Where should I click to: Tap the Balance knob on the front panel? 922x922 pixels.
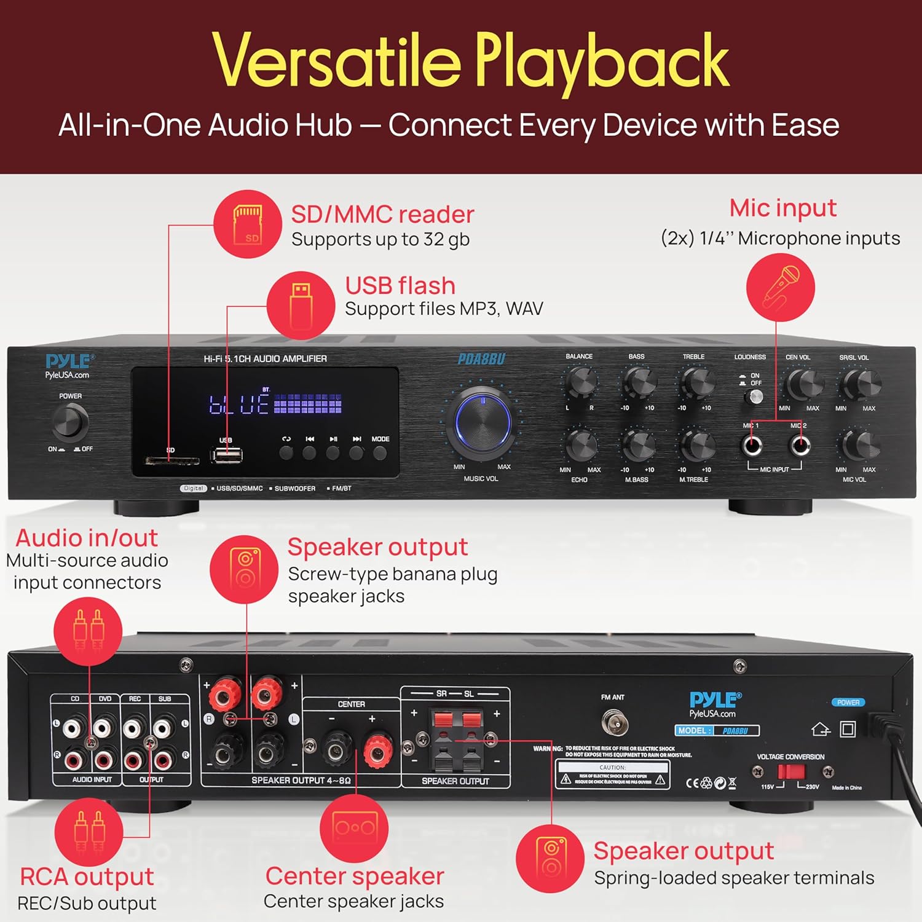tap(580, 382)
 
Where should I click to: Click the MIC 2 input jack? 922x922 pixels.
tap(800, 445)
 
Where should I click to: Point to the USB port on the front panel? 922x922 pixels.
tap(227, 455)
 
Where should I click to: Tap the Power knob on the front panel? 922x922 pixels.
tap(71, 422)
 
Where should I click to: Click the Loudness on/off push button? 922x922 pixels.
tap(755, 397)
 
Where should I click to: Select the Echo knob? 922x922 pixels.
tap(580, 445)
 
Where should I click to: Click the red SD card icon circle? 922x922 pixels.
tap(248, 224)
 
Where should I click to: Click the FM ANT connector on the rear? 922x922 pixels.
tap(614, 723)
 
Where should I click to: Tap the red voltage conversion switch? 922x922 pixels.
tap(790, 772)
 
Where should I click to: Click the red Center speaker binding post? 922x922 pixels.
tap(377, 749)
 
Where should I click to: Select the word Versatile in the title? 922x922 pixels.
tap(337, 61)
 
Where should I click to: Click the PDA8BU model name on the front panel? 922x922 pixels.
tap(481, 359)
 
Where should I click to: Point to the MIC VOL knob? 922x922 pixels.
tap(859, 445)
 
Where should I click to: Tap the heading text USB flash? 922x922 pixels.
tap(400, 286)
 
